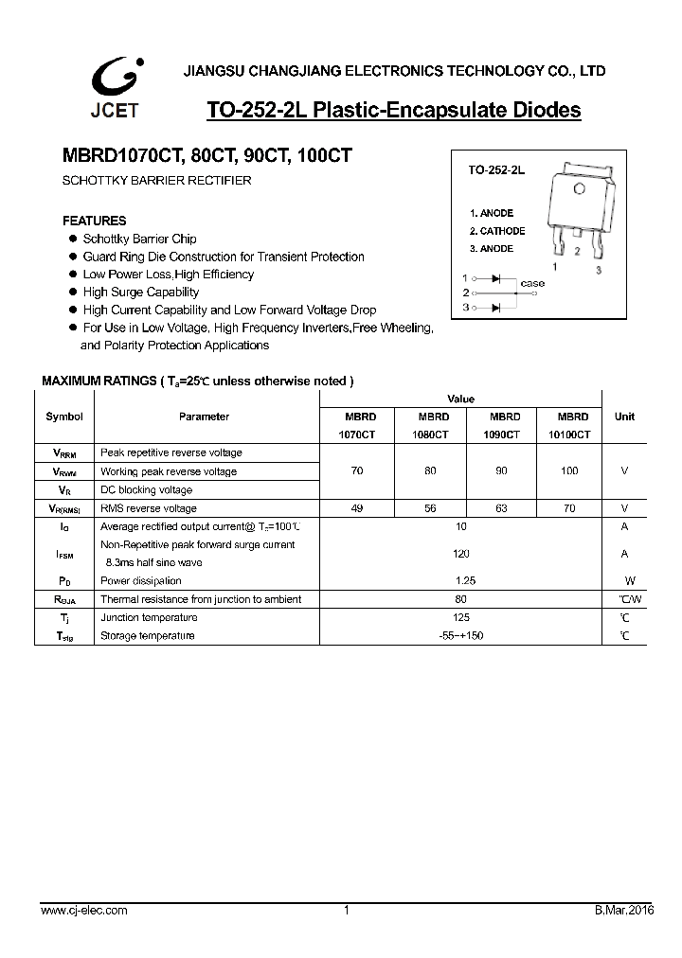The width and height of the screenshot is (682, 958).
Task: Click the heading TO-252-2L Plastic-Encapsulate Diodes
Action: pos(393,111)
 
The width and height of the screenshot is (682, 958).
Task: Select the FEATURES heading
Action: pos(94,221)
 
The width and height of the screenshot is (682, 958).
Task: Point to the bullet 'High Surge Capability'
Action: pos(140,293)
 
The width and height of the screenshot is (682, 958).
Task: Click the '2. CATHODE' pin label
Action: pos(496,231)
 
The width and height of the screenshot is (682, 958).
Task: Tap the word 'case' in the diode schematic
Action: pos(532,283)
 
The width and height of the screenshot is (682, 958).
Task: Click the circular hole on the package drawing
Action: pos(577,187)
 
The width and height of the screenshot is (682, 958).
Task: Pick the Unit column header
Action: pos(624,417)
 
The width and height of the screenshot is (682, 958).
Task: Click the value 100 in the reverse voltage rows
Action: pos(568,471)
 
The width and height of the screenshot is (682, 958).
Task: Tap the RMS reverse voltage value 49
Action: pos(357,508)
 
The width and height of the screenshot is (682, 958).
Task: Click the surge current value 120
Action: pos(460,554)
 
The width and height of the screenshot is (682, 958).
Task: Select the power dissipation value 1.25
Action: pos(464,580)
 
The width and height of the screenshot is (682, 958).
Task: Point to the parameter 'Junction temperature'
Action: pos(147,617)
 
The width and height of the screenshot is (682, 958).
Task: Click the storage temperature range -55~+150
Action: pos(461,635)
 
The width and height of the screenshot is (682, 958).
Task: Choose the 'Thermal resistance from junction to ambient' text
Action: pos(201,599)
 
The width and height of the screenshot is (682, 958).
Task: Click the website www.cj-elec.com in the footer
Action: pos(83,911)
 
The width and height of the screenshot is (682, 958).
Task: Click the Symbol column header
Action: pos(63,417)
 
